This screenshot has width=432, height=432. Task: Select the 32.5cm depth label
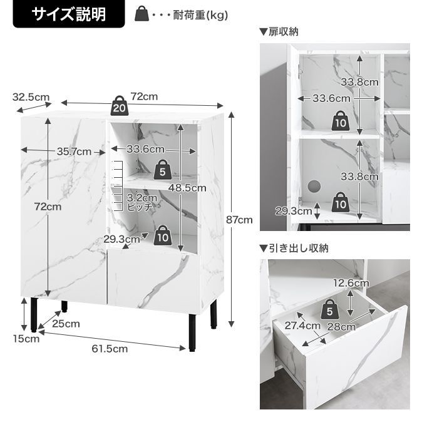point(31,97)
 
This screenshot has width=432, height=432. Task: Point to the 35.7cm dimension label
point(74,151)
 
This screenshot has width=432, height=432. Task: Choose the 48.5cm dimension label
point(191,187)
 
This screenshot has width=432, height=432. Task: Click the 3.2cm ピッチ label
point(139,202)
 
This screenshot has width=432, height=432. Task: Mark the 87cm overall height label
point(239,219)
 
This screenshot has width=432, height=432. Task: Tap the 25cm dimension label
point(66,324)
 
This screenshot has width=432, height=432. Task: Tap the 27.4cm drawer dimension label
point(302,326)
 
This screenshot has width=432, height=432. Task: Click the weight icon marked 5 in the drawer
point(330,309)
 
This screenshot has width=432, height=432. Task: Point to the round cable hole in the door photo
point(314,185)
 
